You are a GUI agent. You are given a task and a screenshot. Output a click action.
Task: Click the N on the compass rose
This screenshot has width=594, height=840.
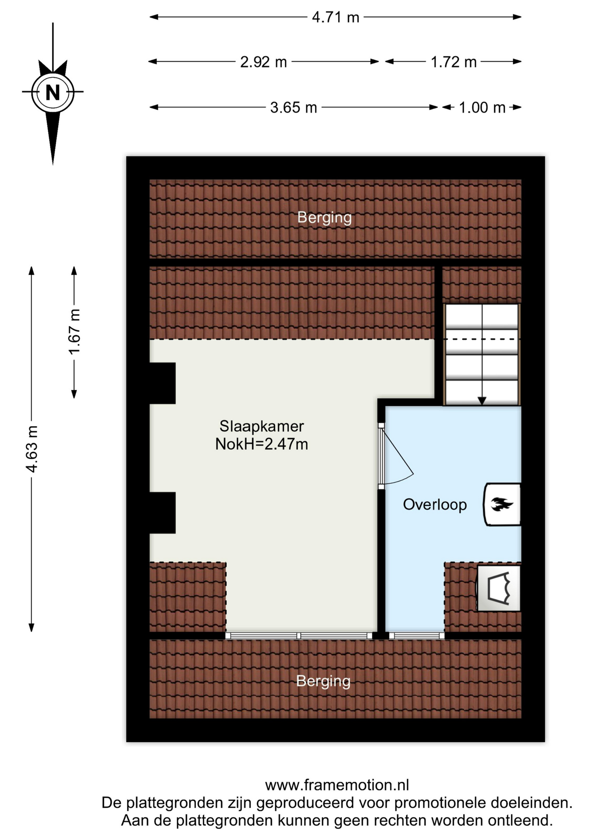click(53, 93)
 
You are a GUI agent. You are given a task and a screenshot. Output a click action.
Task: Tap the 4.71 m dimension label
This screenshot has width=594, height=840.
click(335, 17)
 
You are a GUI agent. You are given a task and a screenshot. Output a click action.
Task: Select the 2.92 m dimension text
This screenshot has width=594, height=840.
click(263, 62)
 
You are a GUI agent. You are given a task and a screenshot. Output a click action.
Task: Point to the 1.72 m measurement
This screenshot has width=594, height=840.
click(454, 62)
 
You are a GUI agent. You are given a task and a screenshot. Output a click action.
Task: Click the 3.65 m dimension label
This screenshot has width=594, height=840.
click(294, 108)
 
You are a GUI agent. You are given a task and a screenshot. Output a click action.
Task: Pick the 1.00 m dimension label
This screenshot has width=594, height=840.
click(482, 108)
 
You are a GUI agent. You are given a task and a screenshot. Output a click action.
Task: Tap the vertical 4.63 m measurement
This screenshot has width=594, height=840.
click(32, 448)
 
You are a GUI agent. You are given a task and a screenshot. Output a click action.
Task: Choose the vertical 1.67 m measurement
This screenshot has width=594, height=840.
click(74, 332)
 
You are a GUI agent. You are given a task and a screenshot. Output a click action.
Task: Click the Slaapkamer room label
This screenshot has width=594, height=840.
click(262, 426)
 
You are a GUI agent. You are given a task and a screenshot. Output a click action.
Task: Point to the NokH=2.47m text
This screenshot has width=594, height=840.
click(262, 444)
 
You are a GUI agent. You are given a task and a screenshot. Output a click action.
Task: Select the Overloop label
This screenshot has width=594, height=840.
click(435, 504)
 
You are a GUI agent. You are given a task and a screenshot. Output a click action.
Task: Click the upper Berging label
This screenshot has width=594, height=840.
click(325, 217)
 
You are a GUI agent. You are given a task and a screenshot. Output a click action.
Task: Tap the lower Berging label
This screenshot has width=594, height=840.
click(323, 681)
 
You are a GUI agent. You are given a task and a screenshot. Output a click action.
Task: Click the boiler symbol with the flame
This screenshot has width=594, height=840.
click(502, 504)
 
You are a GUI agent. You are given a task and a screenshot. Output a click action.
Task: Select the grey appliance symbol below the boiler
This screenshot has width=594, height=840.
click(499, 588)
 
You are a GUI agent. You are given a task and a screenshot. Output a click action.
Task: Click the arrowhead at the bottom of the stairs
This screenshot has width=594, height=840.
click(482, 401)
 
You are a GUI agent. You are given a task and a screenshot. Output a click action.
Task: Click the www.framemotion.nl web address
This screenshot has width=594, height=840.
click(337, 785)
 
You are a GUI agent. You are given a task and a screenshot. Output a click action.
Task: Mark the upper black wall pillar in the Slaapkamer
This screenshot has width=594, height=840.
click(162, 383)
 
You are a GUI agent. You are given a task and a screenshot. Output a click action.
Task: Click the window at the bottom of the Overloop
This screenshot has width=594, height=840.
click(417, 636)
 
